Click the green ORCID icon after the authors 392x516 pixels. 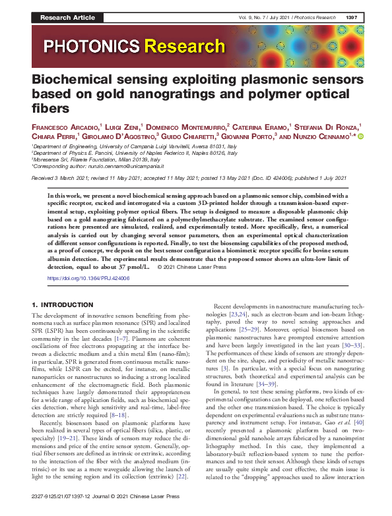tap(361, 136)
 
